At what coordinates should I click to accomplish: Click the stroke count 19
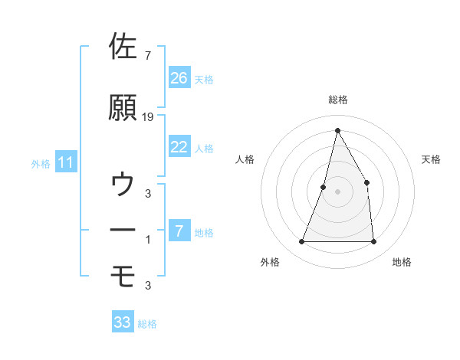148,117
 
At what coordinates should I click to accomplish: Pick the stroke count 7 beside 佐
148,56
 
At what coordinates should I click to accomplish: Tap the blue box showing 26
179,78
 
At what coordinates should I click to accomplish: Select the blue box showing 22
179,147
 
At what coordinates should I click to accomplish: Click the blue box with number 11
65,162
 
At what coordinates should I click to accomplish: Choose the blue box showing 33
123,322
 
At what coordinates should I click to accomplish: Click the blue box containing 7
179,231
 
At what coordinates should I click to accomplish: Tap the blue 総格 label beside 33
147,324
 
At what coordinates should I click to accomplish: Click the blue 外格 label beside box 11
41,163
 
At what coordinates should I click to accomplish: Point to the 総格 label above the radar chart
338,100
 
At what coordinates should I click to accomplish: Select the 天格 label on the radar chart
432,159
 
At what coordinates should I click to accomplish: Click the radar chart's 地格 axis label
401,262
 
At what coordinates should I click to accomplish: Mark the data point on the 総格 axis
337,129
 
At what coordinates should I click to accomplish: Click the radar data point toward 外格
302,242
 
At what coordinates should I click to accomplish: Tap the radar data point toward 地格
373,242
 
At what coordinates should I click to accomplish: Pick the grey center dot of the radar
337,192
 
